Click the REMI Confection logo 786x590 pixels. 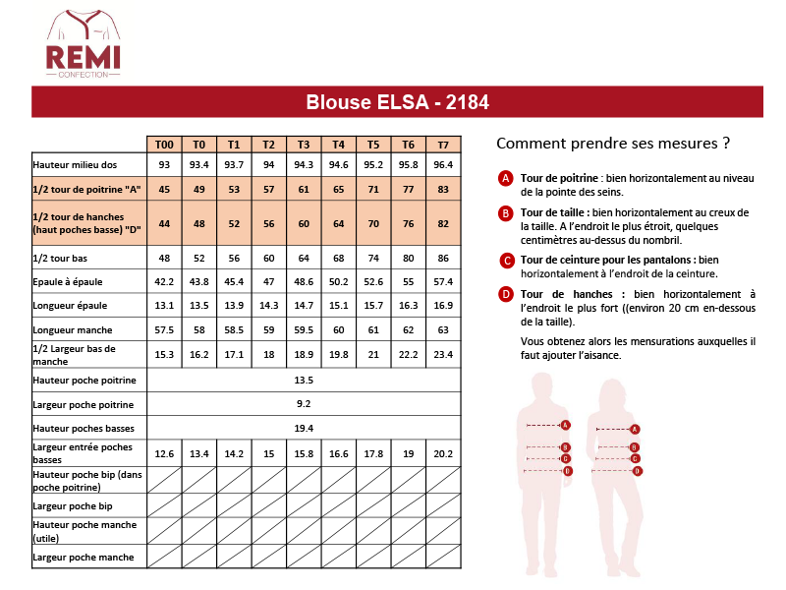tap(84, 44)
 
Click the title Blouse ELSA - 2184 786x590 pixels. tap(398, 102)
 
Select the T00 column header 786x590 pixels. tap(164, 144)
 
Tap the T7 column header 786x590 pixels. tap(443, 144)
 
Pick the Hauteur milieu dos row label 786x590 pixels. tap(75, 164)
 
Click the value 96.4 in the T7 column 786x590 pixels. tap(443, 164)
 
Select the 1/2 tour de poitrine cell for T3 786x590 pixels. tap(304, 189)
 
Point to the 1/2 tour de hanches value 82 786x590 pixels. tap(443, 224)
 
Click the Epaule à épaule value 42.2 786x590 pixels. tap(164, 281)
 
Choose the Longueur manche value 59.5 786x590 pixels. tap(304, 329)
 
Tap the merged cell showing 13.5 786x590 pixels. tap(304, 380)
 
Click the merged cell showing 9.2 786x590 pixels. tap(304, 404)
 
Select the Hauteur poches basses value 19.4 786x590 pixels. tap(304, 429)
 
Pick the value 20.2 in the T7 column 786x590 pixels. tap(443, 453)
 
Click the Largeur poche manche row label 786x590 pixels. tap(83, 558)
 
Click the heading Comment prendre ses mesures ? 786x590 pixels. tap(613, 143)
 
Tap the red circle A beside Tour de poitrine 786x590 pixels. tap(506, 178)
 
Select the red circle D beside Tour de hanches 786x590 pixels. tap(506, 293)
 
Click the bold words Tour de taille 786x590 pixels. tap(554, 211)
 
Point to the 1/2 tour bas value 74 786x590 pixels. tap(373, 258)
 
